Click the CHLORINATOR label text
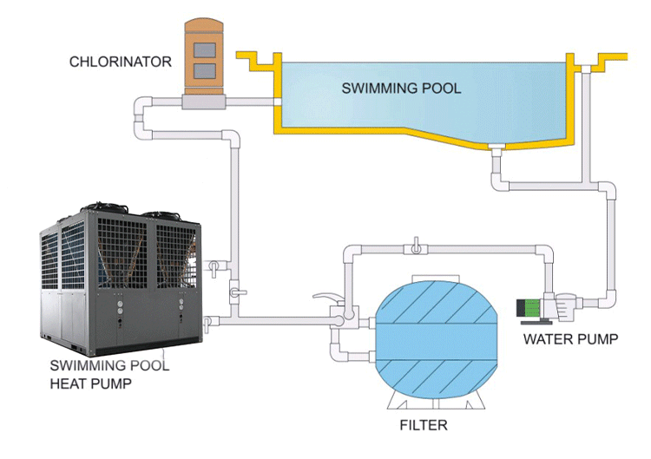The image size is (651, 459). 121,61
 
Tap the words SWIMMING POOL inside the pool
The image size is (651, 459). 401,88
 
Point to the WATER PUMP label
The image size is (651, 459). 570,339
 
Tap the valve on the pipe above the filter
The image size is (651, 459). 418,248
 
